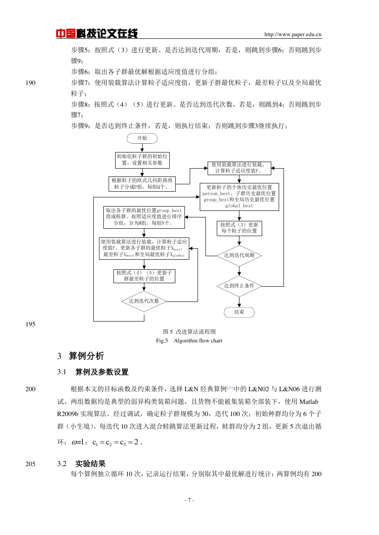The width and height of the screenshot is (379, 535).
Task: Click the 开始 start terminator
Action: coord(142,138)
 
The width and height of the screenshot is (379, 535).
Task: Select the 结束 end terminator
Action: coord(239,312)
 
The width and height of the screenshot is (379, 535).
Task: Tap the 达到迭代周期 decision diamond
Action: coord(239,256)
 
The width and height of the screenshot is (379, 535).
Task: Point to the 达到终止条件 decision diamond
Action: coord(239,286)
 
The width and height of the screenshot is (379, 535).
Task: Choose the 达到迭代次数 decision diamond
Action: coord(144,301)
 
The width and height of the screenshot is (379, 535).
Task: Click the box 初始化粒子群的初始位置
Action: coord(142,160)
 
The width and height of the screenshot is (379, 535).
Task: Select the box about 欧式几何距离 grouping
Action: coord(142,184)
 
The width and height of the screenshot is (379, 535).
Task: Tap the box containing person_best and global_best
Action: coord(239,196)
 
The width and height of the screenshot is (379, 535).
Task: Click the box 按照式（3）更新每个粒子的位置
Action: coord(239,228)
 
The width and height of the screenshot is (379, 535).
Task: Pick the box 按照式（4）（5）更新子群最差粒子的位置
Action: coord(144,276)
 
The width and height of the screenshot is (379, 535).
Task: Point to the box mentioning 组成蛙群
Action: coord(144,217)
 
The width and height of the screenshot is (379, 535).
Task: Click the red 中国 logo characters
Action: coord(66,34)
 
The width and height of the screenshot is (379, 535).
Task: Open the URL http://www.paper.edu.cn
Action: coord(293,34)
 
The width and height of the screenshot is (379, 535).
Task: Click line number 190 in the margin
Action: coord(31,83)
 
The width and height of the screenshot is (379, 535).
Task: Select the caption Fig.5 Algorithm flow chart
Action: coord(189,341)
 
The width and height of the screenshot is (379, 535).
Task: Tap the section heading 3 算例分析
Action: coord(80,356)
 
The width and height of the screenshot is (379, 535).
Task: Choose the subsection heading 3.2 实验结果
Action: coord(81,464)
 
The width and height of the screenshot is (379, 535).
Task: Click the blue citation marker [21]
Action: coord(230,388)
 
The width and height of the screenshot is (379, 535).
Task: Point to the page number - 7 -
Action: coord(189,500)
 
